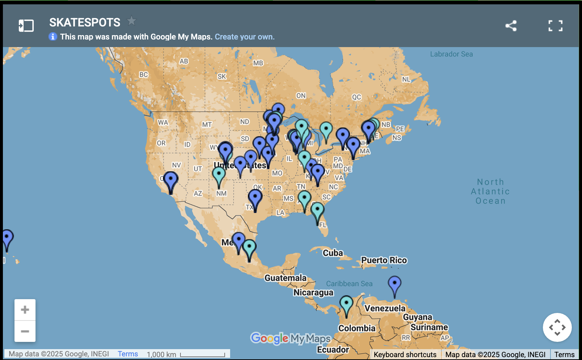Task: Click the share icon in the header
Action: click(x=511, y=26)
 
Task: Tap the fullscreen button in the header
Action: click(x=555, y=26)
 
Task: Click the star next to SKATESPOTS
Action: click(x=132, y=21)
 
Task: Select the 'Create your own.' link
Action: click(x=245, y=37)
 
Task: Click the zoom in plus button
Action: click(x=25, y=310)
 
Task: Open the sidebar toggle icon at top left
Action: click(x=26, y=26)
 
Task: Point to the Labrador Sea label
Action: click(x=451, y=54)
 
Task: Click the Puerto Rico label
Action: click(x=384, y=260)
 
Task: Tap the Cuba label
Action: click(x=333, y=253)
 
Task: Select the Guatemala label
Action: click(x=285, y=278)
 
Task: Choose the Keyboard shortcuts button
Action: click(x=405, y=355)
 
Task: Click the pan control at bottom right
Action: click(x=557, y=327)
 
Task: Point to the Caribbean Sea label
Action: click(x=349, y=284)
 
